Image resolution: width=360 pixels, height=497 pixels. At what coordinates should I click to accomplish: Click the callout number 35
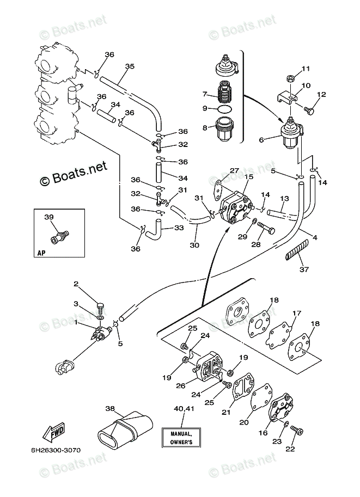point(129,67)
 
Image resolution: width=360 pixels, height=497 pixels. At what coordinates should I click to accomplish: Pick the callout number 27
point(234,171)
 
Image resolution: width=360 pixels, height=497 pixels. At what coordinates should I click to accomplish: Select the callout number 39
point(48,218)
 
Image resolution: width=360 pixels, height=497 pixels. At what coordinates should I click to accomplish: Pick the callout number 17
point(297,314)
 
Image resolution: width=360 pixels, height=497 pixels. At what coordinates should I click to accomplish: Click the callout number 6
point(261,140)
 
